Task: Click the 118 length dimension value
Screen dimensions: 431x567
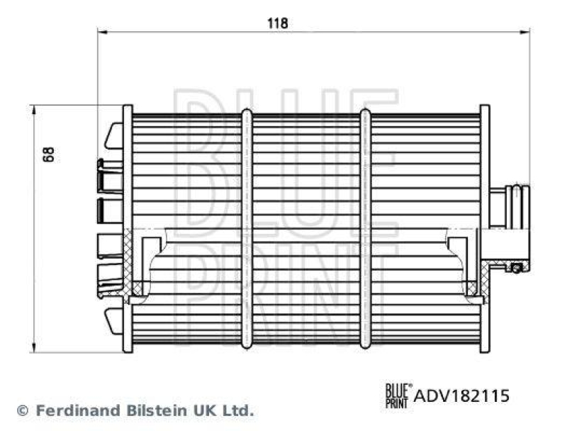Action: click(277, 23)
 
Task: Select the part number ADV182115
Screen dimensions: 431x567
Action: click(461, 396)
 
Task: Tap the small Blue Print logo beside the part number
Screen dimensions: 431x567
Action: click(397, 394)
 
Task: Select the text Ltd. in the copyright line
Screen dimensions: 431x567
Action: click(238, 410)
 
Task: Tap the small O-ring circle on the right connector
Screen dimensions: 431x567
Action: click(517, 267)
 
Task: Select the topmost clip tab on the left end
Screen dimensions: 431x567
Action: click(113, 135)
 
